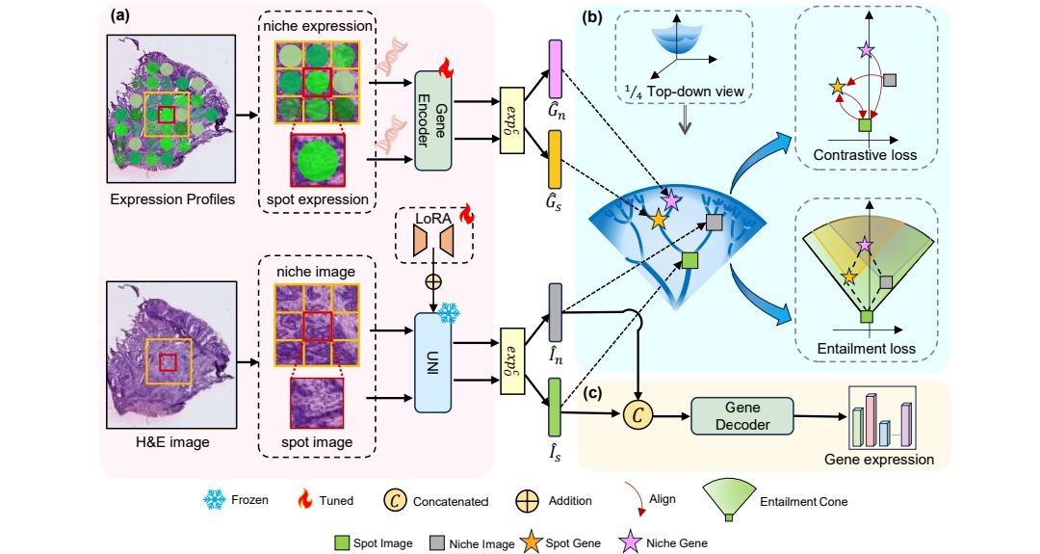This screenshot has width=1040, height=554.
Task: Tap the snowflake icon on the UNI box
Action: (x=448, y=313)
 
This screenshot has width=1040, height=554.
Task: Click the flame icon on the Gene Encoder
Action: (x=446, y=67)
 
